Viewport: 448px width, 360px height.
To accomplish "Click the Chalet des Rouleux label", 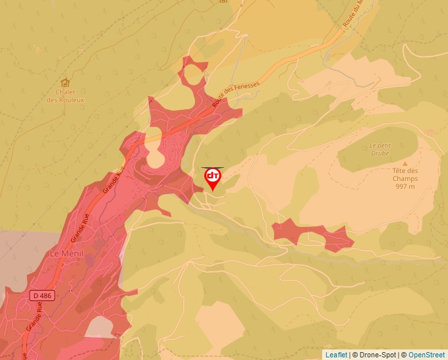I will coord(65,96).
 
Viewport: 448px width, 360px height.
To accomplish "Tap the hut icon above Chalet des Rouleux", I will coord(65,83).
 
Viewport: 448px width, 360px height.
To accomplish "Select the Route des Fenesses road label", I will coord(237,95).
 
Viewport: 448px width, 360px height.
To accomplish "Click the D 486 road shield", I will coord(41,296).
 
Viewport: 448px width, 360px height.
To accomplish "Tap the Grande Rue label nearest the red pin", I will coord(113,179).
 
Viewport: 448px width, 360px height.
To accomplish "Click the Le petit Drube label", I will coord(379,149).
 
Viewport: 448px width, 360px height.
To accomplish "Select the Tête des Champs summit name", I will coord(405,174).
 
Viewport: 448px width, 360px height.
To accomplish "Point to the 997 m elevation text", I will coord(405,186).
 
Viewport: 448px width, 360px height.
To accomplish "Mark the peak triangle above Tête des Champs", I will coord(405,163).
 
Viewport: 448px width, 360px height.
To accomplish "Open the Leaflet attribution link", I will coord(336,355).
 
